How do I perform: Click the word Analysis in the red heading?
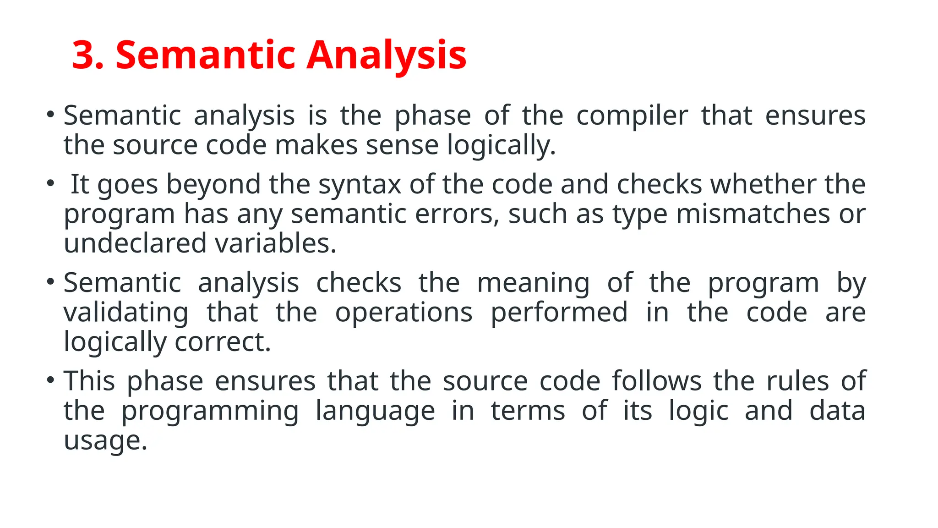(387, 55)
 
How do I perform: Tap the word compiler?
(632, 115)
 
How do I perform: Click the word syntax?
(360, 184)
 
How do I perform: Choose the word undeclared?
(135, 243)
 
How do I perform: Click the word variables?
(276, 243)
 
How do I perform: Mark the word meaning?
(534, 283)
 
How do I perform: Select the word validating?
(126, 313)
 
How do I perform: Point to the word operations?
(404, 313)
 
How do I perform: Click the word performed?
(559, 313)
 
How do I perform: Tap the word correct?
(223, 342)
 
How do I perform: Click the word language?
(375, 411)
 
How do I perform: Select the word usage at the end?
(105, 440)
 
